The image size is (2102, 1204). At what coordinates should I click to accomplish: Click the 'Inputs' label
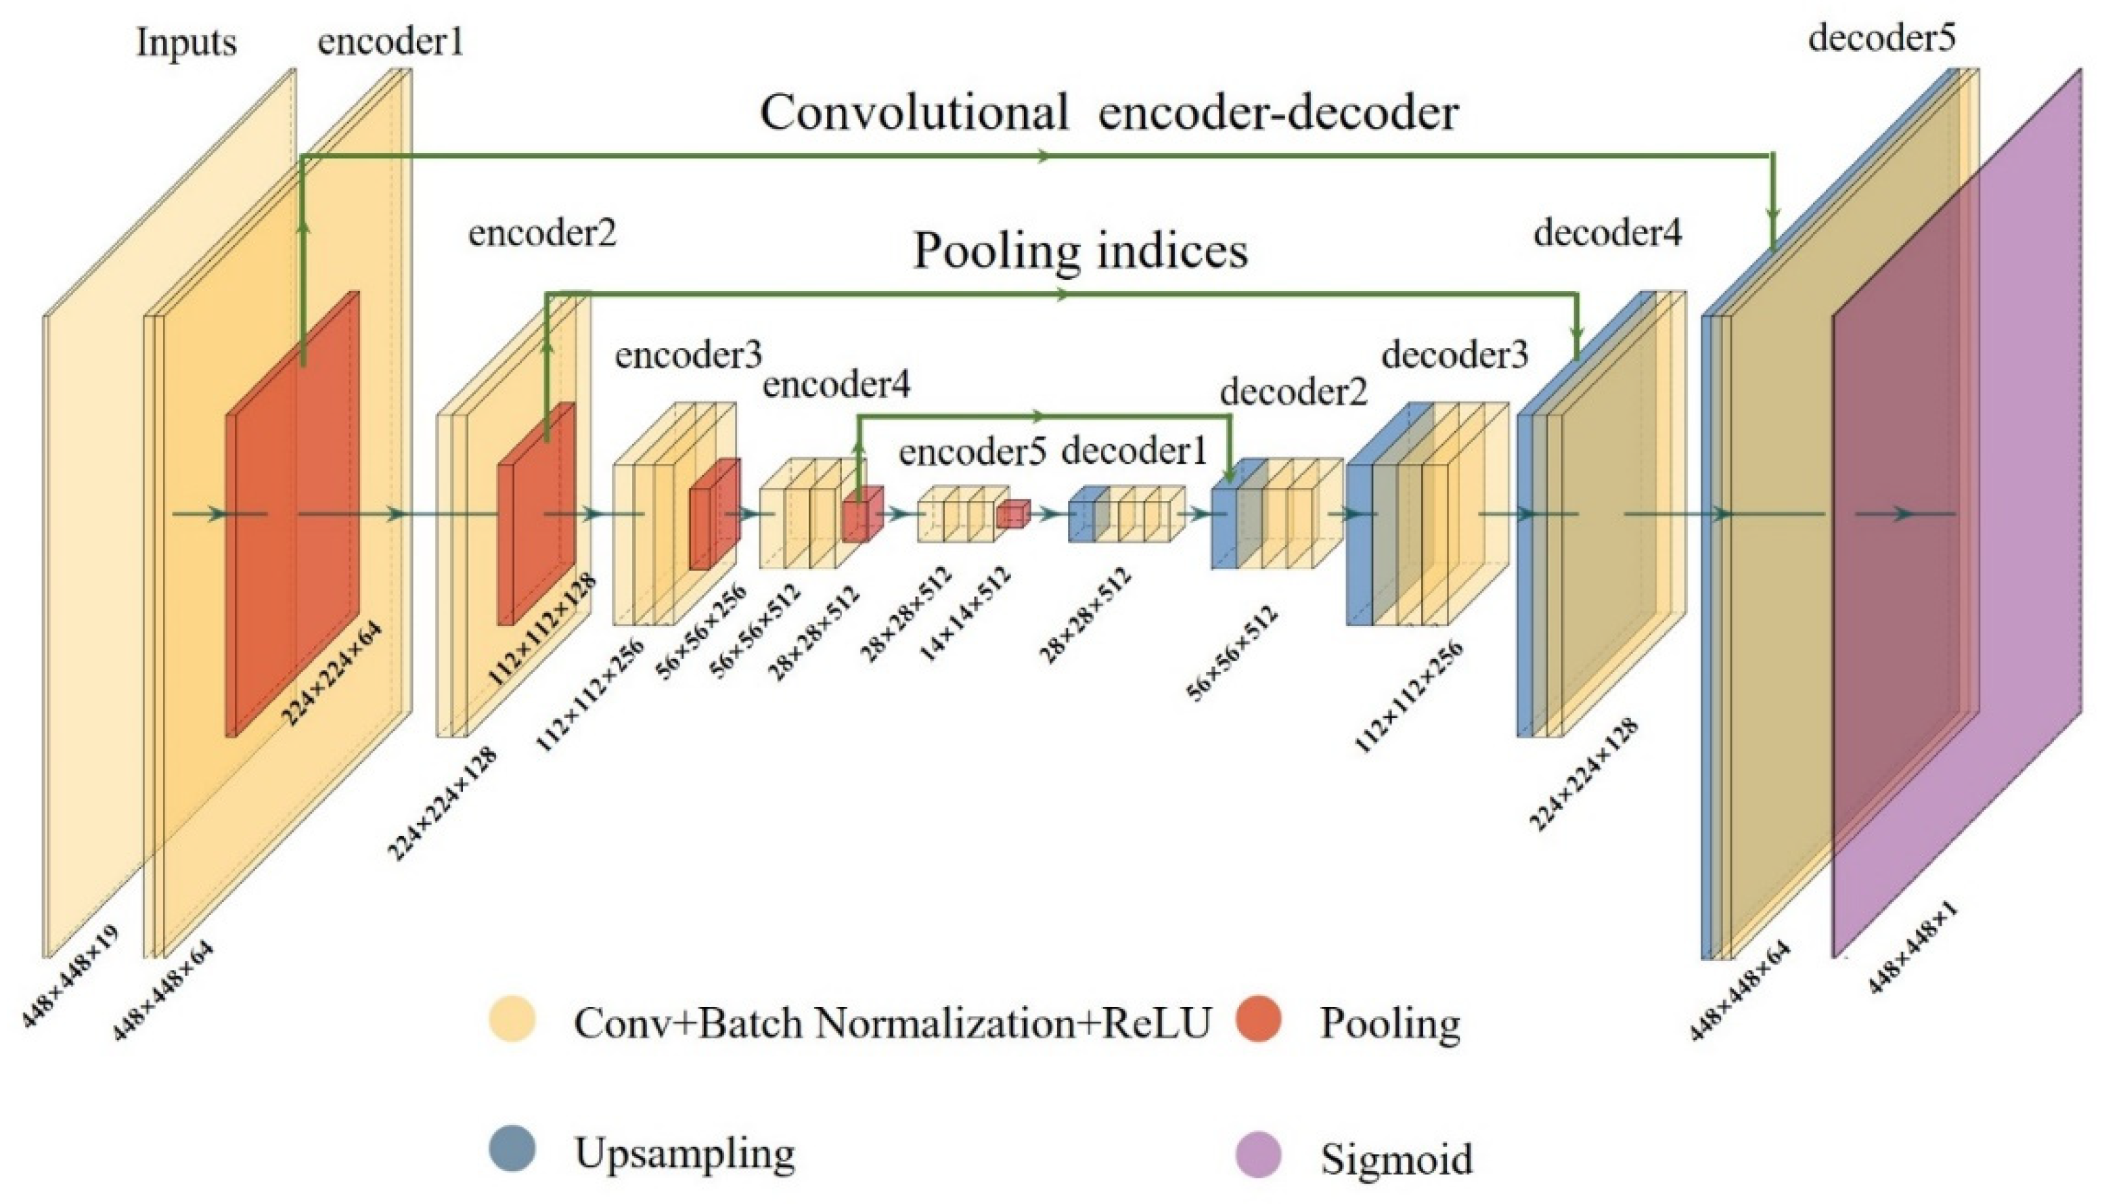(186, 42)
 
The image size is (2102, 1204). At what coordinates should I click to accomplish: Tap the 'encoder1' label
(390, 41)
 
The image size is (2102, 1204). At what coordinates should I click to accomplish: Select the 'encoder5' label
(972, 452)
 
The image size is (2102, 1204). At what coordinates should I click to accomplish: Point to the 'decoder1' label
(1134, 451)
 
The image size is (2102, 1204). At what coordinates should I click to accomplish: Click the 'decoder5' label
(1882, 38)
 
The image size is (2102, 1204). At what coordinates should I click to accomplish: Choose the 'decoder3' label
(1455, 355)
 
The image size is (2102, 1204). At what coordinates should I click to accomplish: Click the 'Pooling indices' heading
(1080, 250)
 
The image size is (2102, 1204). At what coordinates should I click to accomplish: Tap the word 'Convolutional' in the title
(914, 112)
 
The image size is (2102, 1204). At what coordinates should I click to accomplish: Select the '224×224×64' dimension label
(332, 674)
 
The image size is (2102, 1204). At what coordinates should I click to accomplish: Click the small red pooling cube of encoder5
(1012, 514)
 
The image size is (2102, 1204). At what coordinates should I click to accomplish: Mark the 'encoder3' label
(688, 355)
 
